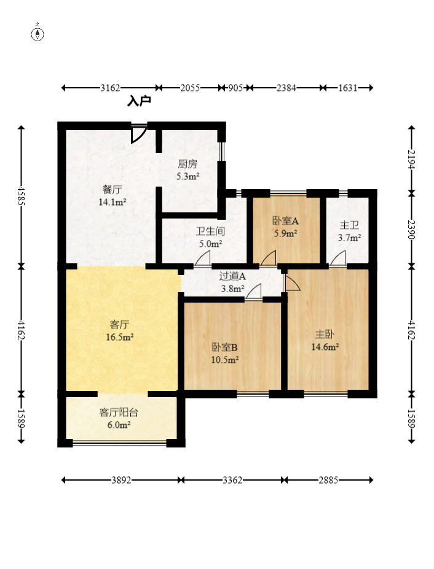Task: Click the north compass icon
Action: point(38,34)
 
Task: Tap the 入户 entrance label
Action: point(139,101)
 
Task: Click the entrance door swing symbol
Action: point(138,134)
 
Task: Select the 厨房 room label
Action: point(187,164)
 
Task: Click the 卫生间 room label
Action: point(210,231)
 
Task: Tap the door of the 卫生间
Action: point(202,260)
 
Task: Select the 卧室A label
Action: point(285,221)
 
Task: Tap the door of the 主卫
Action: point(337,260)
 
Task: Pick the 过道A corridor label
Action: point(232,276)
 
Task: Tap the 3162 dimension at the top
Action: point(111,88)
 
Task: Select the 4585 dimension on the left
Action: point(22,197)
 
